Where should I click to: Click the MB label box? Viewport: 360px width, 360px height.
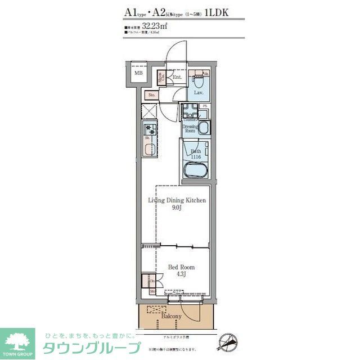point(138,73)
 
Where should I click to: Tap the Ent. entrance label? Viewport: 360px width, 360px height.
point(177,78)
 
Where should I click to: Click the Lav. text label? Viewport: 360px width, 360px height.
point(198,92)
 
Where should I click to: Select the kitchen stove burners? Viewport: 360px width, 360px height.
point(148,129)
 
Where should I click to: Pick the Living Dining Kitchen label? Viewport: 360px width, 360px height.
point(177,200)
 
